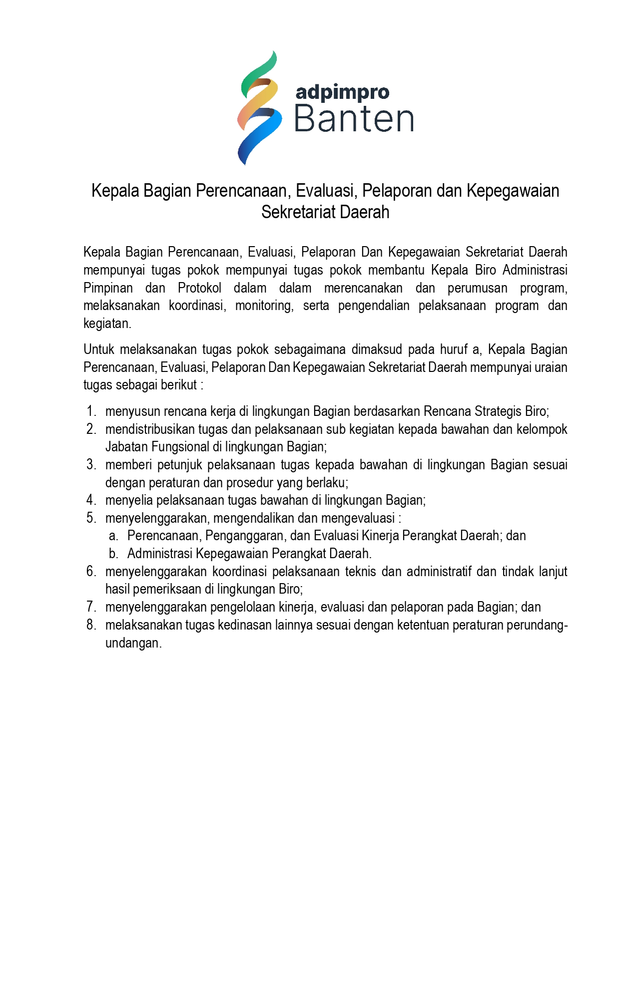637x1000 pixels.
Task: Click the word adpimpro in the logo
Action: (342, 92)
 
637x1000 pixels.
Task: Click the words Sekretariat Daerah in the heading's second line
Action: (325, 212)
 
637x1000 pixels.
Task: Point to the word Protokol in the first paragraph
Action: (199, 288)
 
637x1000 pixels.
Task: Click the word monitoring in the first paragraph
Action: (264, 306)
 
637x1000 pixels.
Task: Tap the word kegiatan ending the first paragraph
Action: (107, 324)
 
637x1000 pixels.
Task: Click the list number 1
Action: (90, 411)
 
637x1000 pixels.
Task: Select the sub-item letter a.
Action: (113, 536)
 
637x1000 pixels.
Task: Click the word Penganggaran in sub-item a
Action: (245, 536)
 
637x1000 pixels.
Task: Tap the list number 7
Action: (90, 607)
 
